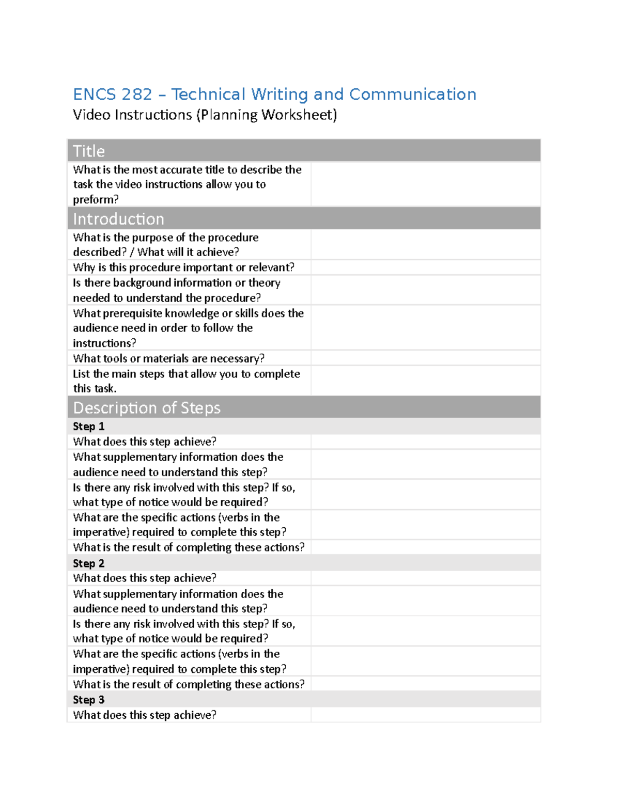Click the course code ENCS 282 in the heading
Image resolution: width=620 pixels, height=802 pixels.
pyautogui.click(x=112, y=95)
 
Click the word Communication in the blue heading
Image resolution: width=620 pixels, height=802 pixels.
pyautogui.click(x=412, y=95)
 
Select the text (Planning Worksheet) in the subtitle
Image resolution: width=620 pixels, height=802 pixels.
pyautogui.click(x=266, y=115)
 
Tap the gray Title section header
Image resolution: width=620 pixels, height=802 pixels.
pyautogui.click(x=304, y=151)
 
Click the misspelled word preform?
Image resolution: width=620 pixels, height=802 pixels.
pyautogui.click(x=96, y=199)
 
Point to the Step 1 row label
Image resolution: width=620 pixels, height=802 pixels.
pyautogui.click(x=89, y=427)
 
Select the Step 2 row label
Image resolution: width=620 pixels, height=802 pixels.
pyautogui.click(x=89, y=563)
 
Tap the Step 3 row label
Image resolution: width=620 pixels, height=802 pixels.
pyautogui.click(x=89, y=700)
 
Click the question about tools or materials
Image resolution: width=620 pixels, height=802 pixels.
pyautogui.click(x=168, y=358)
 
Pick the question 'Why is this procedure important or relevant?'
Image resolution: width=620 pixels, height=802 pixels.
pyautogui.click(x=183, y=268)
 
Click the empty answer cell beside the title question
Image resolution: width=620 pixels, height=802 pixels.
pyautogui.click(x=425, y=184)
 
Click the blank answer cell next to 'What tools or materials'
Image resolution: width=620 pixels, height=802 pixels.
pyautogui.click(x=425, y=358)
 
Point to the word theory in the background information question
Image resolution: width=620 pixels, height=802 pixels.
pyautogui.click(x=264, y=283)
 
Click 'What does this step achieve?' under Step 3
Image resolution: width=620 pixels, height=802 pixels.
pyautogui.click(x=145, y=715)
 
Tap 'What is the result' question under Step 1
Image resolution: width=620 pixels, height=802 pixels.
pyautogui.click(x=189, y=547)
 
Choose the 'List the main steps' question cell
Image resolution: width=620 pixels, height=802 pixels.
pyautogui.click(x=186, y=381)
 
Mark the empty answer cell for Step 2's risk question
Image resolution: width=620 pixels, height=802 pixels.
pyautogui.click(x=425, y=631)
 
